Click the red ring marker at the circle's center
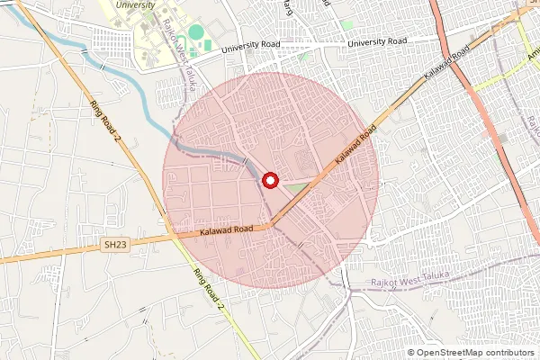click(270, 181)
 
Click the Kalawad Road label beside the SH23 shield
click(233, 231)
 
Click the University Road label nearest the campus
click(246, 47)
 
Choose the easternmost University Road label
click(378, 41)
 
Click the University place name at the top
click(136, 4)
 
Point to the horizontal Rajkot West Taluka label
click(410, 283)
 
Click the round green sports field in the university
click(196, 32)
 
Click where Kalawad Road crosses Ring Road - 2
click(171, 238)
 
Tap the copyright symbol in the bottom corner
click(411, 352)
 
